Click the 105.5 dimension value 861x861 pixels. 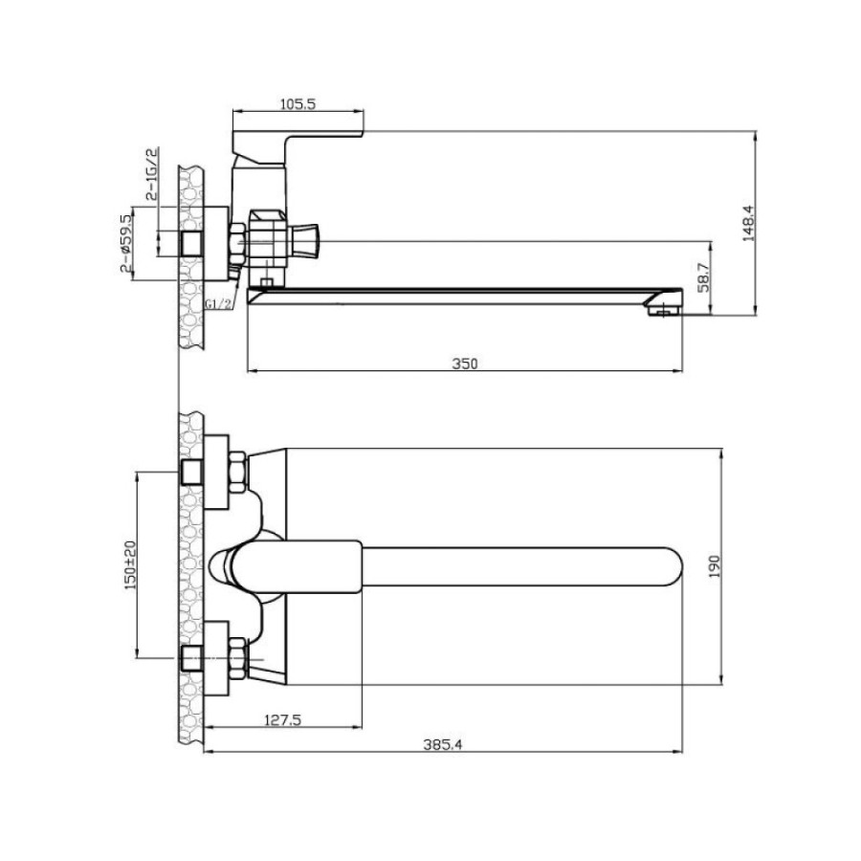pyautogui.click(x=298, y=103)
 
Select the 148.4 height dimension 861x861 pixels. pyautogui.click(x=748, y=224)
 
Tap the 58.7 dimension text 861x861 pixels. pyautogui.click(x=705, y=277)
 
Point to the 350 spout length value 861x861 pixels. pyautogui.click(x=465, y=364)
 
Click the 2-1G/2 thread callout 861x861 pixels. pyautogui.click(x=151, y=173)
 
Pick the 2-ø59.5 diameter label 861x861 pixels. pyautogui.click(x=125, y=243)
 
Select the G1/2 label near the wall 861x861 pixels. pyautogui.click(x=218, y=303)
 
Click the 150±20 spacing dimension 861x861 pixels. pyautogui.click(x=130, y=565)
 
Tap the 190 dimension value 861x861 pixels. pyautogui.click(x=714, y=566)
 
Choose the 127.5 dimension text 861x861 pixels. pyautogui.click(x=283, y=719)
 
